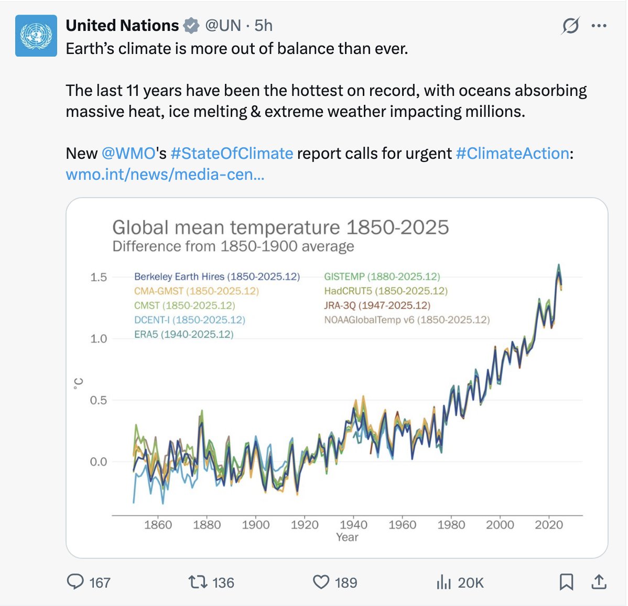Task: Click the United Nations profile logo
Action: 36,36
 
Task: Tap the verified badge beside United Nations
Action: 191,25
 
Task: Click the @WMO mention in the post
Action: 128,153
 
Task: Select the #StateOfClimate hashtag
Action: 232,153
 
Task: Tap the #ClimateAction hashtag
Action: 512,153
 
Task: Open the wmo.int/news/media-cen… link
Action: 165,174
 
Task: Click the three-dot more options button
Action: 599,26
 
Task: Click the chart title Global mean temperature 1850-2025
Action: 280,228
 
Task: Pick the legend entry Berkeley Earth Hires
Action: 216,276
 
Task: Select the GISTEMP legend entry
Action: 382,276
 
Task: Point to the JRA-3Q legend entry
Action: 377,305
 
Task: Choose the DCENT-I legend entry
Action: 189,320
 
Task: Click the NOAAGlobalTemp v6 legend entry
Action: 407,320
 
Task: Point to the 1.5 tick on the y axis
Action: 99,277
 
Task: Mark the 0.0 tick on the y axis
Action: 99,462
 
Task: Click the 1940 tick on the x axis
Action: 353,525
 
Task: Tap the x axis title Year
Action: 347,537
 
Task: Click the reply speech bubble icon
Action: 75,582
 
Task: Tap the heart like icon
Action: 321,582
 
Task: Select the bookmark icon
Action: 566,582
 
